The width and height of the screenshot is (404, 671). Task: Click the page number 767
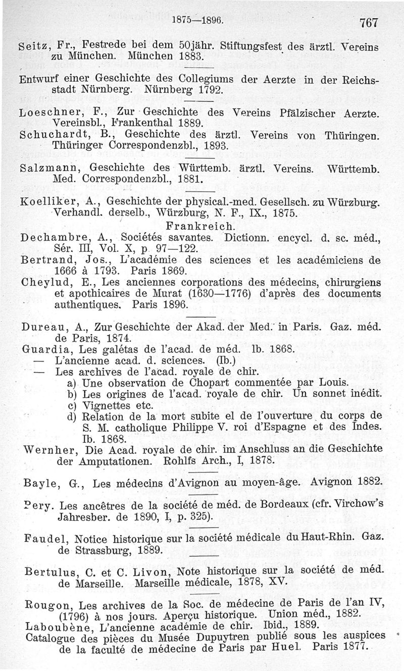tap(369, 22)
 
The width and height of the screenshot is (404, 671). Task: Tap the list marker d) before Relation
tap(72, 417)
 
